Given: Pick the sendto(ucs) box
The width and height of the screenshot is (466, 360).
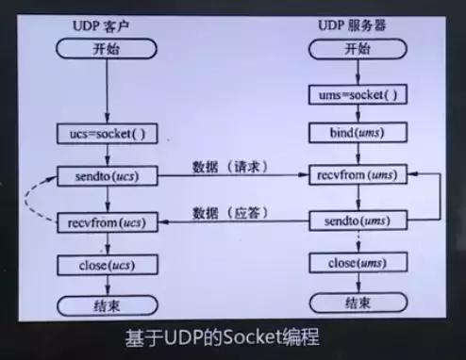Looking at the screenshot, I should point(106,176).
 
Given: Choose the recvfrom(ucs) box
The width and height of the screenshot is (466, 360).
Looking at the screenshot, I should point(106,222).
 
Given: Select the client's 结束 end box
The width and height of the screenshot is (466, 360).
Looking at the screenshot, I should point(106,306).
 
